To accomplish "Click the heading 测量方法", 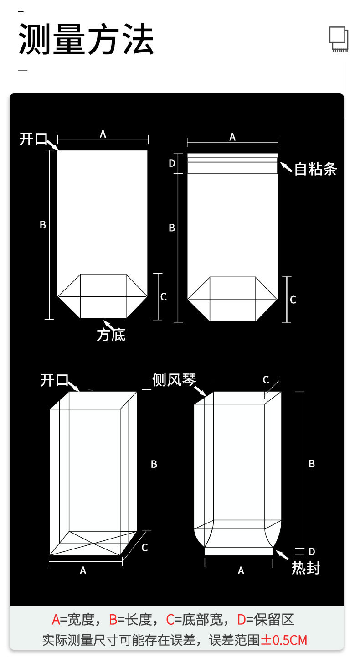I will [x=86, y=40].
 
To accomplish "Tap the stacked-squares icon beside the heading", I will [x=339, y=39].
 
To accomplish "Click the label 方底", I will [x=111, y=335].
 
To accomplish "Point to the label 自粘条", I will [x=315, y=169].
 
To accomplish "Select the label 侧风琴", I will [x=174, y=379].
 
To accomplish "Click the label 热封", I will [x=306, y=568].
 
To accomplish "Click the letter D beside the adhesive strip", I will [x=172, y=163].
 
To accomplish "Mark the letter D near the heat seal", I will [x=312, y=552].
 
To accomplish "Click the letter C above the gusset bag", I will [x=266, y=380].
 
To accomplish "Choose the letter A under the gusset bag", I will [x=241, y=570].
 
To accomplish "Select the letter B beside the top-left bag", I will [x=43, y=225].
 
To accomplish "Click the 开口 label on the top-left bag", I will [x=33, y=139].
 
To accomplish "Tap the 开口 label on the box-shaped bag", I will [x=54, y=380].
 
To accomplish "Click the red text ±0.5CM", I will [x=284, y=640].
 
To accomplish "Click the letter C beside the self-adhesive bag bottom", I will [x=293, y=300].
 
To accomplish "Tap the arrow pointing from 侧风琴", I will [x=201, y=390].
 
